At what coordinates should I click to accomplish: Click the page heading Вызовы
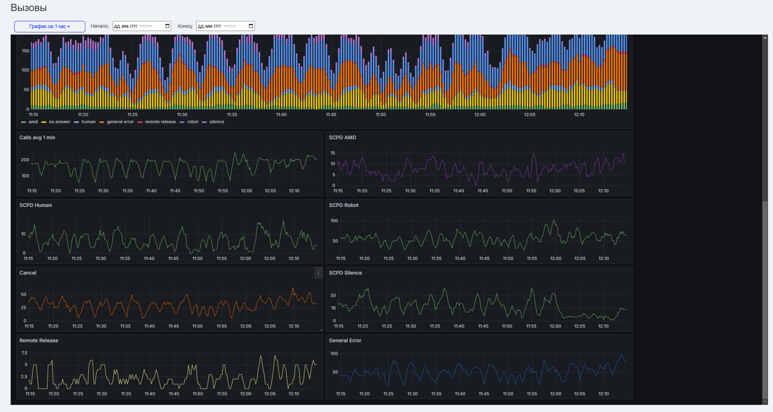[29, 7]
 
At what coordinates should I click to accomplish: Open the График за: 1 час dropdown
[50, 26]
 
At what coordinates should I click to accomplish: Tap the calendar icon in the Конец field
[251, 26]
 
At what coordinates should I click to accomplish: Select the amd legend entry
[29, 122]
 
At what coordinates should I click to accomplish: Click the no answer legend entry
[56, 122]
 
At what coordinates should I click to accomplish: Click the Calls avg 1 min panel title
[37, 137]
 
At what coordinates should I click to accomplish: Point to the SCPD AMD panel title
[342, 137]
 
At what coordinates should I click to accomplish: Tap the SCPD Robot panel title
[344, 206]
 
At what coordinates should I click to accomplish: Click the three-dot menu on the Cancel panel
[318, 273]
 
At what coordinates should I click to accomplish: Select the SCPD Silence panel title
[346, 273]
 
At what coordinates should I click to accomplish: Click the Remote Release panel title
[39, 341]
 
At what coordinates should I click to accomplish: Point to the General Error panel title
[345, 341]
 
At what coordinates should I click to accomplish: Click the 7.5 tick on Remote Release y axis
[24, 353]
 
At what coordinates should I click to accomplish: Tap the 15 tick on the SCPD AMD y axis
[333, 153]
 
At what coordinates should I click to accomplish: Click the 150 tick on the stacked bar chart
[26, 51]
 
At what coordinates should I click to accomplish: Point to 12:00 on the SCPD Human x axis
[246, 259]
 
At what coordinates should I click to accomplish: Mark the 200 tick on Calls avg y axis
[25, 160]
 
